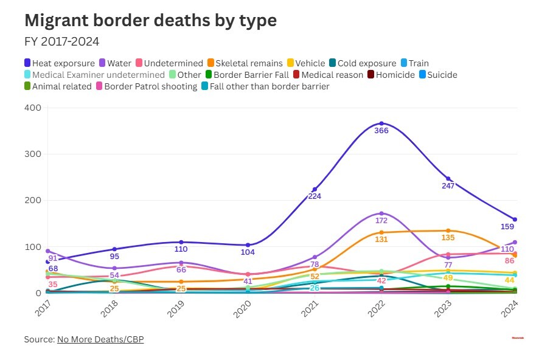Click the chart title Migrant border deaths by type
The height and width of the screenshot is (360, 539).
click(150, 20)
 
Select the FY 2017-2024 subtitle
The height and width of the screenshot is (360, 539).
click(61, 42)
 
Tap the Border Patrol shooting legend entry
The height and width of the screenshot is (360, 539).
click(150, 86)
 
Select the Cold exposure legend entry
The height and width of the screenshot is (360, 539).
click(363, 63)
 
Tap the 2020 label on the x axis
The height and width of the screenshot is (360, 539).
click(242, 309)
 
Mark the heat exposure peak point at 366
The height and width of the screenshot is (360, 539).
click(381, 123)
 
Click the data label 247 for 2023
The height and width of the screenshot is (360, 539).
click(448, 185)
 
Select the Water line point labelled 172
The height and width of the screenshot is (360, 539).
click(381, 213)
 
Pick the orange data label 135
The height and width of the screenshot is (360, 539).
click(448, 238)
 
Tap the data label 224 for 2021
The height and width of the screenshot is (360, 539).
click(315, 196)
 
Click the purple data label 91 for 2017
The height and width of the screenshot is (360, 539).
click(53, 258)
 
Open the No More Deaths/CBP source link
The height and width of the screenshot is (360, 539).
click(100, 339)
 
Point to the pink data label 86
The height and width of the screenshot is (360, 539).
click(510, 260)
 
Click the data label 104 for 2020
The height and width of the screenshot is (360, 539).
click(248, 252)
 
